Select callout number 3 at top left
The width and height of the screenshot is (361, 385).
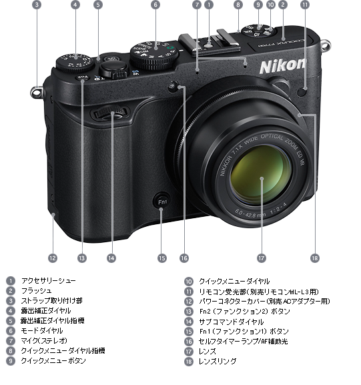coord(36,5)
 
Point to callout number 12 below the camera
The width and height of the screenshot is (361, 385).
coord(53,257)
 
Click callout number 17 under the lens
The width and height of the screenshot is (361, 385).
coord(261,257)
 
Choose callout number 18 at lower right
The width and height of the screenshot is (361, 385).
coord(315,257)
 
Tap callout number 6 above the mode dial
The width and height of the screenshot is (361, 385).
coord(155,5)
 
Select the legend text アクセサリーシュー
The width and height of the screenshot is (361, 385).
coord(48,281)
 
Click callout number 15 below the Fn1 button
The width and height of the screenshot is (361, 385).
coord(161,257)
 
